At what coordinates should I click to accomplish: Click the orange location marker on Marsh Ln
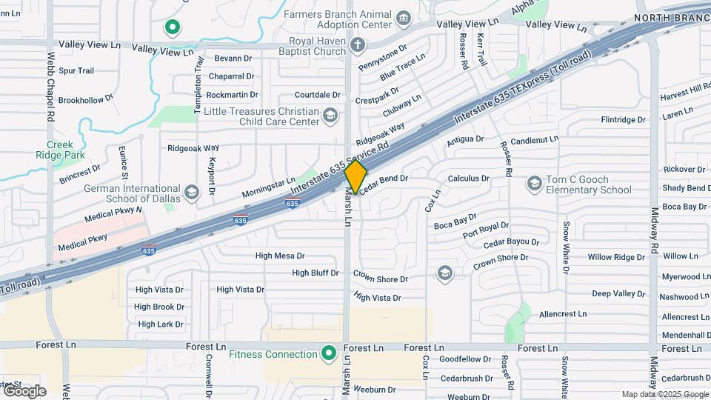pyautogui.click(x=355, y=177)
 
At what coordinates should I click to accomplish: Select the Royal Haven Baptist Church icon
pyautogui.click(x=357, y=44)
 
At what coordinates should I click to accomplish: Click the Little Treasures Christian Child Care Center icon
pyautogui.click(x=330, y=116)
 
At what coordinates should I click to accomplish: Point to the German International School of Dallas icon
pyautogui.click(x=192, y=193)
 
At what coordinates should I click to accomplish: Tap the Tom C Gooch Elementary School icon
pyautogui.click(x=534, y=183)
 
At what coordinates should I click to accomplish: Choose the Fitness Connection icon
pyautogui.click(x=327, y=354)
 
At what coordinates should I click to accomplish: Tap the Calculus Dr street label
pyautogui.click(x=469, y=179)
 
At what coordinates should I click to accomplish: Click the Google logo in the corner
pyautogui.click(x=24, y=390)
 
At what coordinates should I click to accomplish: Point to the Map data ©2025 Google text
pyautogui.click(x=664, y=394)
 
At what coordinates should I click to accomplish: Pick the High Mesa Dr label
pyautogui.click(x=280, y=256)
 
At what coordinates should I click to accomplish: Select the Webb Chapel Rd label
pyautogui.click(x=51, y=87)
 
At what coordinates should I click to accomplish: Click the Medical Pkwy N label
pyautogui.click(x=113, y=216)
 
